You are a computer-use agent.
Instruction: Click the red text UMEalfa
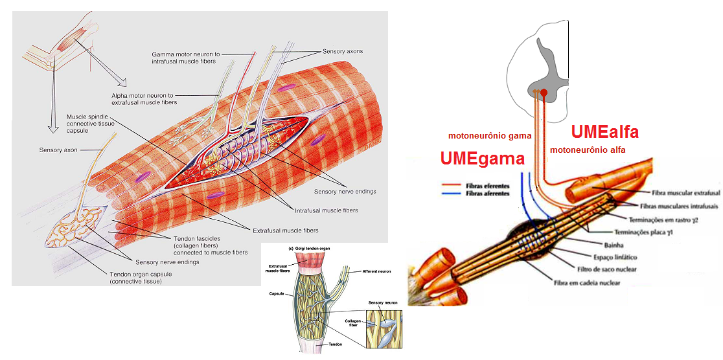[x=605, y=132]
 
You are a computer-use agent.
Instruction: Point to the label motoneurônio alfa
[x=591, y=150]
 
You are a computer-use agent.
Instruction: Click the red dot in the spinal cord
[x=544, y=93]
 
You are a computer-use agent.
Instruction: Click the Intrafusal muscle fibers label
[x=326, y=210]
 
